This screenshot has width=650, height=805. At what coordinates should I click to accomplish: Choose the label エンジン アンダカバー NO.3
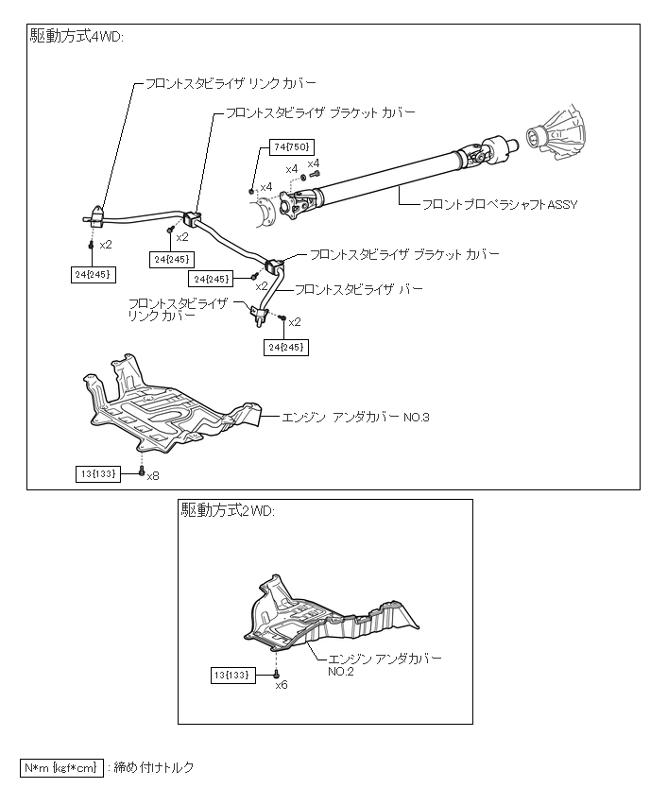point(354,416)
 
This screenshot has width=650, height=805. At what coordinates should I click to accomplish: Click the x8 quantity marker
point(153,474)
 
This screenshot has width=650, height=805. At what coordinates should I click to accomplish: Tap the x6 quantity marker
point(281,685)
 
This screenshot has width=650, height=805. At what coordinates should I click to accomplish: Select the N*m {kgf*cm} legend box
point(61,767)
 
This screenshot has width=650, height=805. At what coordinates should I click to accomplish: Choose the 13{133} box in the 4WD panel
point(99,471)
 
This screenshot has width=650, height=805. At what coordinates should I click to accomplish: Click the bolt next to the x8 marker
point(141,470)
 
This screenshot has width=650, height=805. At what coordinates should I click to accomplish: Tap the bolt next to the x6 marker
point(275,672)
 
